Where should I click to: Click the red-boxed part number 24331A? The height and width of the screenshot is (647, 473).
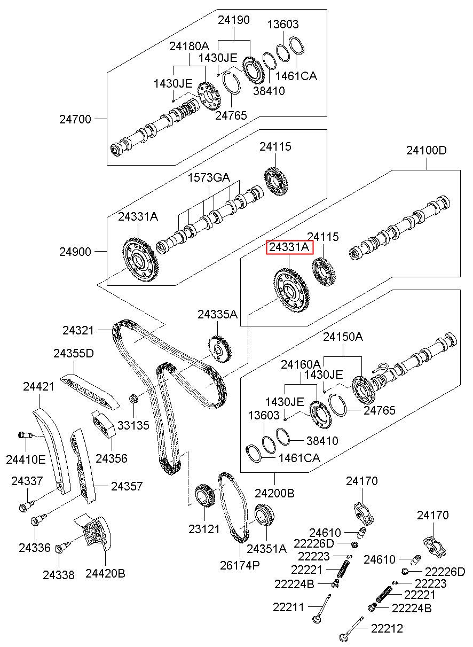point(289,247)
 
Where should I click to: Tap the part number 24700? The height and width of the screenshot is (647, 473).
point(75,119)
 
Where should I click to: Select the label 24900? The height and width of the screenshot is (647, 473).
point(75,252)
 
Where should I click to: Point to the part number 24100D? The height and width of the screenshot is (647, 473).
point(427,150)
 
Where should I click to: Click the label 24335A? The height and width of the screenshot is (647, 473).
point(218,314)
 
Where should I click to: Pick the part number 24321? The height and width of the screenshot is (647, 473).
point(78,330)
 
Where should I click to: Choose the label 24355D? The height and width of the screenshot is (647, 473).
point(74,353)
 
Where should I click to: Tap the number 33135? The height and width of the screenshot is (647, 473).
point(133,425)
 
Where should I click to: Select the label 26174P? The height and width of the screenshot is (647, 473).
point(240,565)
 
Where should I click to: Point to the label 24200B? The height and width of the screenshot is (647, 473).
point(274,493)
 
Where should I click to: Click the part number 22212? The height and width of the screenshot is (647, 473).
point(387,628)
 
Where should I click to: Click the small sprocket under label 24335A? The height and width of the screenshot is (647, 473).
point(220,349)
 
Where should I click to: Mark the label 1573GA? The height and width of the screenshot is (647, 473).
point(209,177)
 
